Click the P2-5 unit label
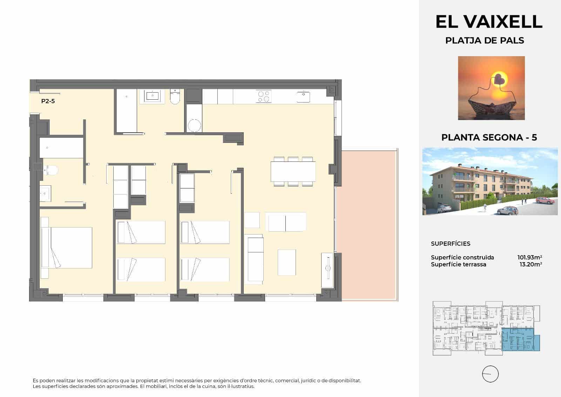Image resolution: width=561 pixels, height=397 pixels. pyautogui.click(x=48, y=101)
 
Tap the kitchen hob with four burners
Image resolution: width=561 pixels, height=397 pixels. pyautogui.click(x=263, y=96)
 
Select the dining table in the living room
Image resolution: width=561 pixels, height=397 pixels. pyautogui.click(x=293, y=171)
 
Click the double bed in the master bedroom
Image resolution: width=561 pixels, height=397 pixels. pyautogui.click(x=67, y=247)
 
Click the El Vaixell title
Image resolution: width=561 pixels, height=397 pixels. pyautogui.click(x=489, y=22)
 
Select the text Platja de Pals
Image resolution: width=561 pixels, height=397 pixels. pyautogui.click(x=485, y=41)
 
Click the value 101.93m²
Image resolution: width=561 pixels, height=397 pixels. pyautogui.click(x=530, y=257)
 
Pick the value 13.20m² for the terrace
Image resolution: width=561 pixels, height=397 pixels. pyautogui.click(x=531, y=264)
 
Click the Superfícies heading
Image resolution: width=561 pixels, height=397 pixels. pyautogui.click(x=451, y=244)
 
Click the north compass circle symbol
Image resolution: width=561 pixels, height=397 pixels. pyautogui.click(x=490, y=374)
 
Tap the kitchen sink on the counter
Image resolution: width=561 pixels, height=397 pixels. pyautogui.click(x=303, y=96)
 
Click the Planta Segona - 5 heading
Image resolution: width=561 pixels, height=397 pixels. pyautogui.click(x=489, y=137)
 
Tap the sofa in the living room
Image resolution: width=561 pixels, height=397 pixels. pyautogui.click(x=255, y=259)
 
